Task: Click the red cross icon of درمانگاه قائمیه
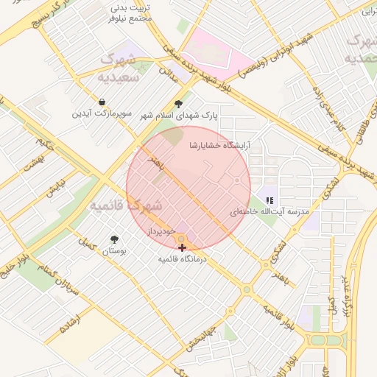click(x=182, y=248)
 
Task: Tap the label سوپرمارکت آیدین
click(x=102, y=114)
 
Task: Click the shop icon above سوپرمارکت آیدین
click(x=101, y=102)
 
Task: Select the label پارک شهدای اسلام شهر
click(x=178, y=116)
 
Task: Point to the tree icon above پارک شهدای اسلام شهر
click(x=178, y=104)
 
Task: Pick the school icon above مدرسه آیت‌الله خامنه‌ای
click(x=269, y=200)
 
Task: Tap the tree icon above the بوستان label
click(x=114, y=239)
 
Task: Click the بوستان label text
click(x=114, y=251)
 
